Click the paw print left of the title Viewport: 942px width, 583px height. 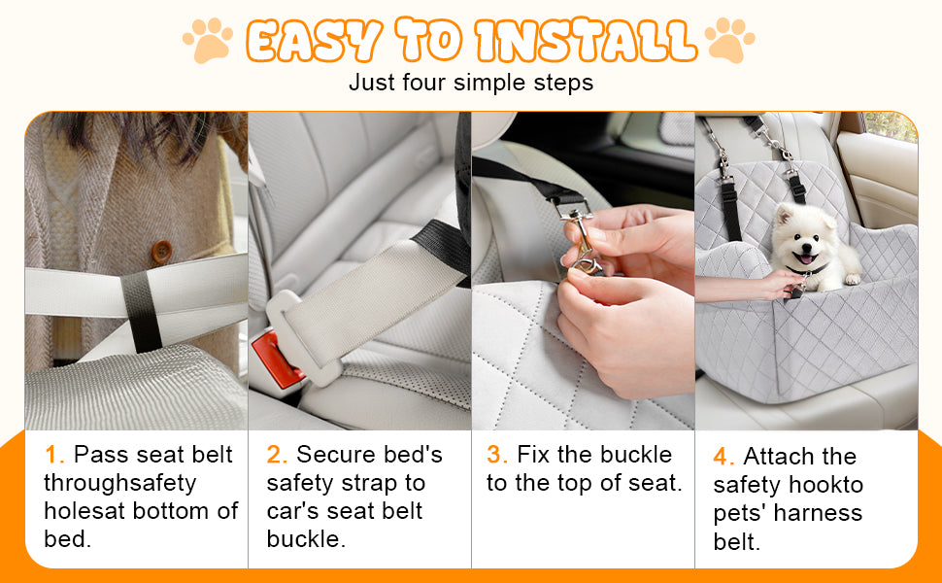(208, 40)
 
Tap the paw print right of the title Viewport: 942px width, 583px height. (729, 40)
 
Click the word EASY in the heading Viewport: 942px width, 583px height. (314, 41)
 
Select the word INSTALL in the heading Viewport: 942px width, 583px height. (586, 41)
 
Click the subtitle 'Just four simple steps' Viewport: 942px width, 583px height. (471, 83)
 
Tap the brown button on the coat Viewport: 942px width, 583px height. (161, 252)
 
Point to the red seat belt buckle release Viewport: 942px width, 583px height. (277, 360)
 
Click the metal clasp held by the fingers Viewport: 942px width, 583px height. (579, 239)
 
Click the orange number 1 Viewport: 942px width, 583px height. (54, 455)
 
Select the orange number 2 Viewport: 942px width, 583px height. (277, 455)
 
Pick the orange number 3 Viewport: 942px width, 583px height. (497, 455)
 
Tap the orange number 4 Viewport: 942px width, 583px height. (723, 456)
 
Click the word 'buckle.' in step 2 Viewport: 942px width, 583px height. (306, 539)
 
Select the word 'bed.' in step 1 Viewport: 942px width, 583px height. (67, 539)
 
